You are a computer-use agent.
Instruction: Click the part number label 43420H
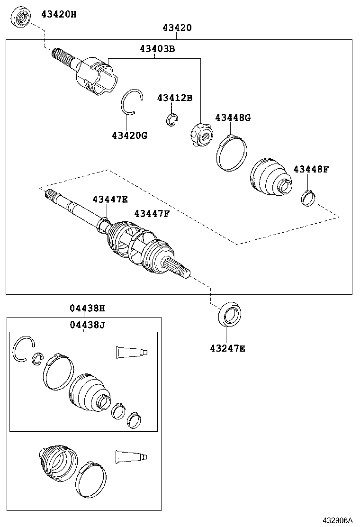(x=58, y=14)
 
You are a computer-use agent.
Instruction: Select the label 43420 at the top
(x=177, y=28)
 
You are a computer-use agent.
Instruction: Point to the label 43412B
(x=175, y=98)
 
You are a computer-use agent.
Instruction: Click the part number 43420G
(x=129, y=136)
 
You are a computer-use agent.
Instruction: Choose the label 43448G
(x=233, y=118)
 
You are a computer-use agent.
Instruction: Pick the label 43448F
(x=311, y=169)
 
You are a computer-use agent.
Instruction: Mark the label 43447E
(x=110, y=200)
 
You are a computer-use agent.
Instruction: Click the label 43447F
(x=151, y=214)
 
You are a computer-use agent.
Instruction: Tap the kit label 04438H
(x=87, y=309)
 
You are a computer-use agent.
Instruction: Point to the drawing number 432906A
(x=338, y=520)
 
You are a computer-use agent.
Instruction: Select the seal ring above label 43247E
(x=230, y=314)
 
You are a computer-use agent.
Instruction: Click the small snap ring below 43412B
(x=172, y=120)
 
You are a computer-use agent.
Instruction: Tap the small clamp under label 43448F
(x=308, y=198)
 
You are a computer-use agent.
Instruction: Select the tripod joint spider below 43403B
(x=201, y=134)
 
